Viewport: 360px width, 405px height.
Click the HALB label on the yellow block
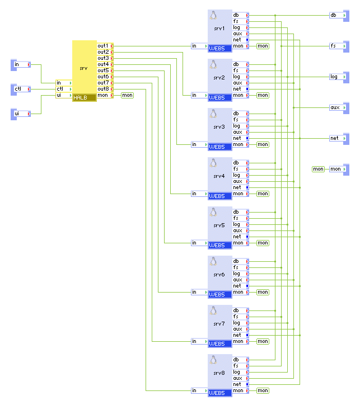pos(81,97)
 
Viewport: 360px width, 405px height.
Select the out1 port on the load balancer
pos(104,46)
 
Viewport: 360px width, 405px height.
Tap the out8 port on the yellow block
pos(104,89)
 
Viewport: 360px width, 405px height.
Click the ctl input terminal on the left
pos(21,89)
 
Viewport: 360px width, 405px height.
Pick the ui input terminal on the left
pos(21,114)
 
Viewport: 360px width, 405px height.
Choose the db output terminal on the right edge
pos(338,15)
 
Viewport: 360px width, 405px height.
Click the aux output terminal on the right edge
pos(338,107)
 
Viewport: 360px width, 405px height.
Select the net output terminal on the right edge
pos(338,138)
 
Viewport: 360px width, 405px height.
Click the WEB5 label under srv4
pos(217,196)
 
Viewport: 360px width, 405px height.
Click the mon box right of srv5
pos(263,243)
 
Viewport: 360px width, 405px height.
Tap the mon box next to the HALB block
pos(128,95)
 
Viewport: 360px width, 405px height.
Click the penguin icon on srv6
pos(213,261)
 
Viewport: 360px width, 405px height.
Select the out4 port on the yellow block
pos(104,64)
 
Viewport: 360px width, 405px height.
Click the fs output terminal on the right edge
pos(338,46)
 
